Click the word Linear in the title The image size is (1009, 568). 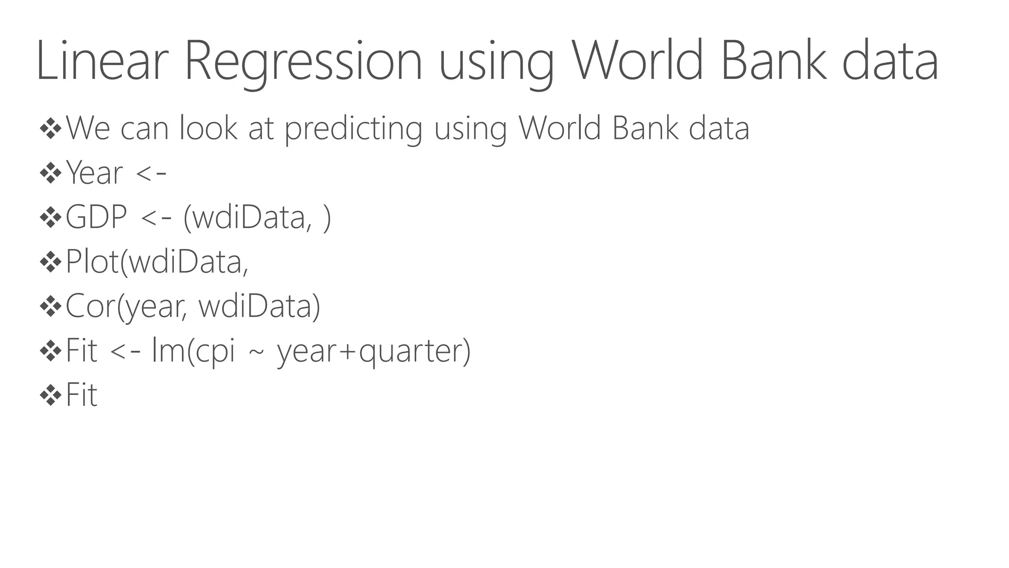(x=99, y=61)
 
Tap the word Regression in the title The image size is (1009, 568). (x=303, y=62)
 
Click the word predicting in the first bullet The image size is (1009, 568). (x=353, y=129)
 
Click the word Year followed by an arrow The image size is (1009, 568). (x=94, y=173)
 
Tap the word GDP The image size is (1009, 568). (x=96, y=217)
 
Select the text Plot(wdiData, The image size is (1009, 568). (x=157, y=262)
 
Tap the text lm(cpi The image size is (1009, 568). (x=193, y=351)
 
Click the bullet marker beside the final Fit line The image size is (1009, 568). (x=50, y=395)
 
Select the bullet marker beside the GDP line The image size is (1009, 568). (x=50, y=217)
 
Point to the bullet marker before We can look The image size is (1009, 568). (x=50, y=129)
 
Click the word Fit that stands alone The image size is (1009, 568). (x=81, y=395)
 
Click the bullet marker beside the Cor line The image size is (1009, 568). (x=50, y=307)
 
